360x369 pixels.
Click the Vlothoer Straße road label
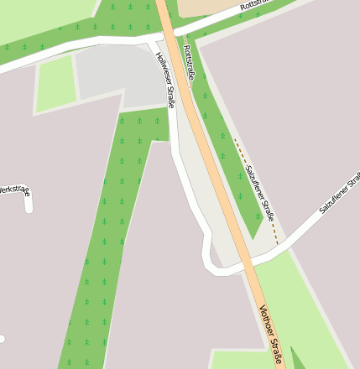point(271,336)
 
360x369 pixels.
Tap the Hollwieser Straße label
point(164,81)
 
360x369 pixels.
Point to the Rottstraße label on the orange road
point(189,64)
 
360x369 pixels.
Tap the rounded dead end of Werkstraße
point(29,207)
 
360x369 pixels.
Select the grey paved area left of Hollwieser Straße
point(117,75)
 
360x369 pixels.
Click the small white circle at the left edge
point(2,339)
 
